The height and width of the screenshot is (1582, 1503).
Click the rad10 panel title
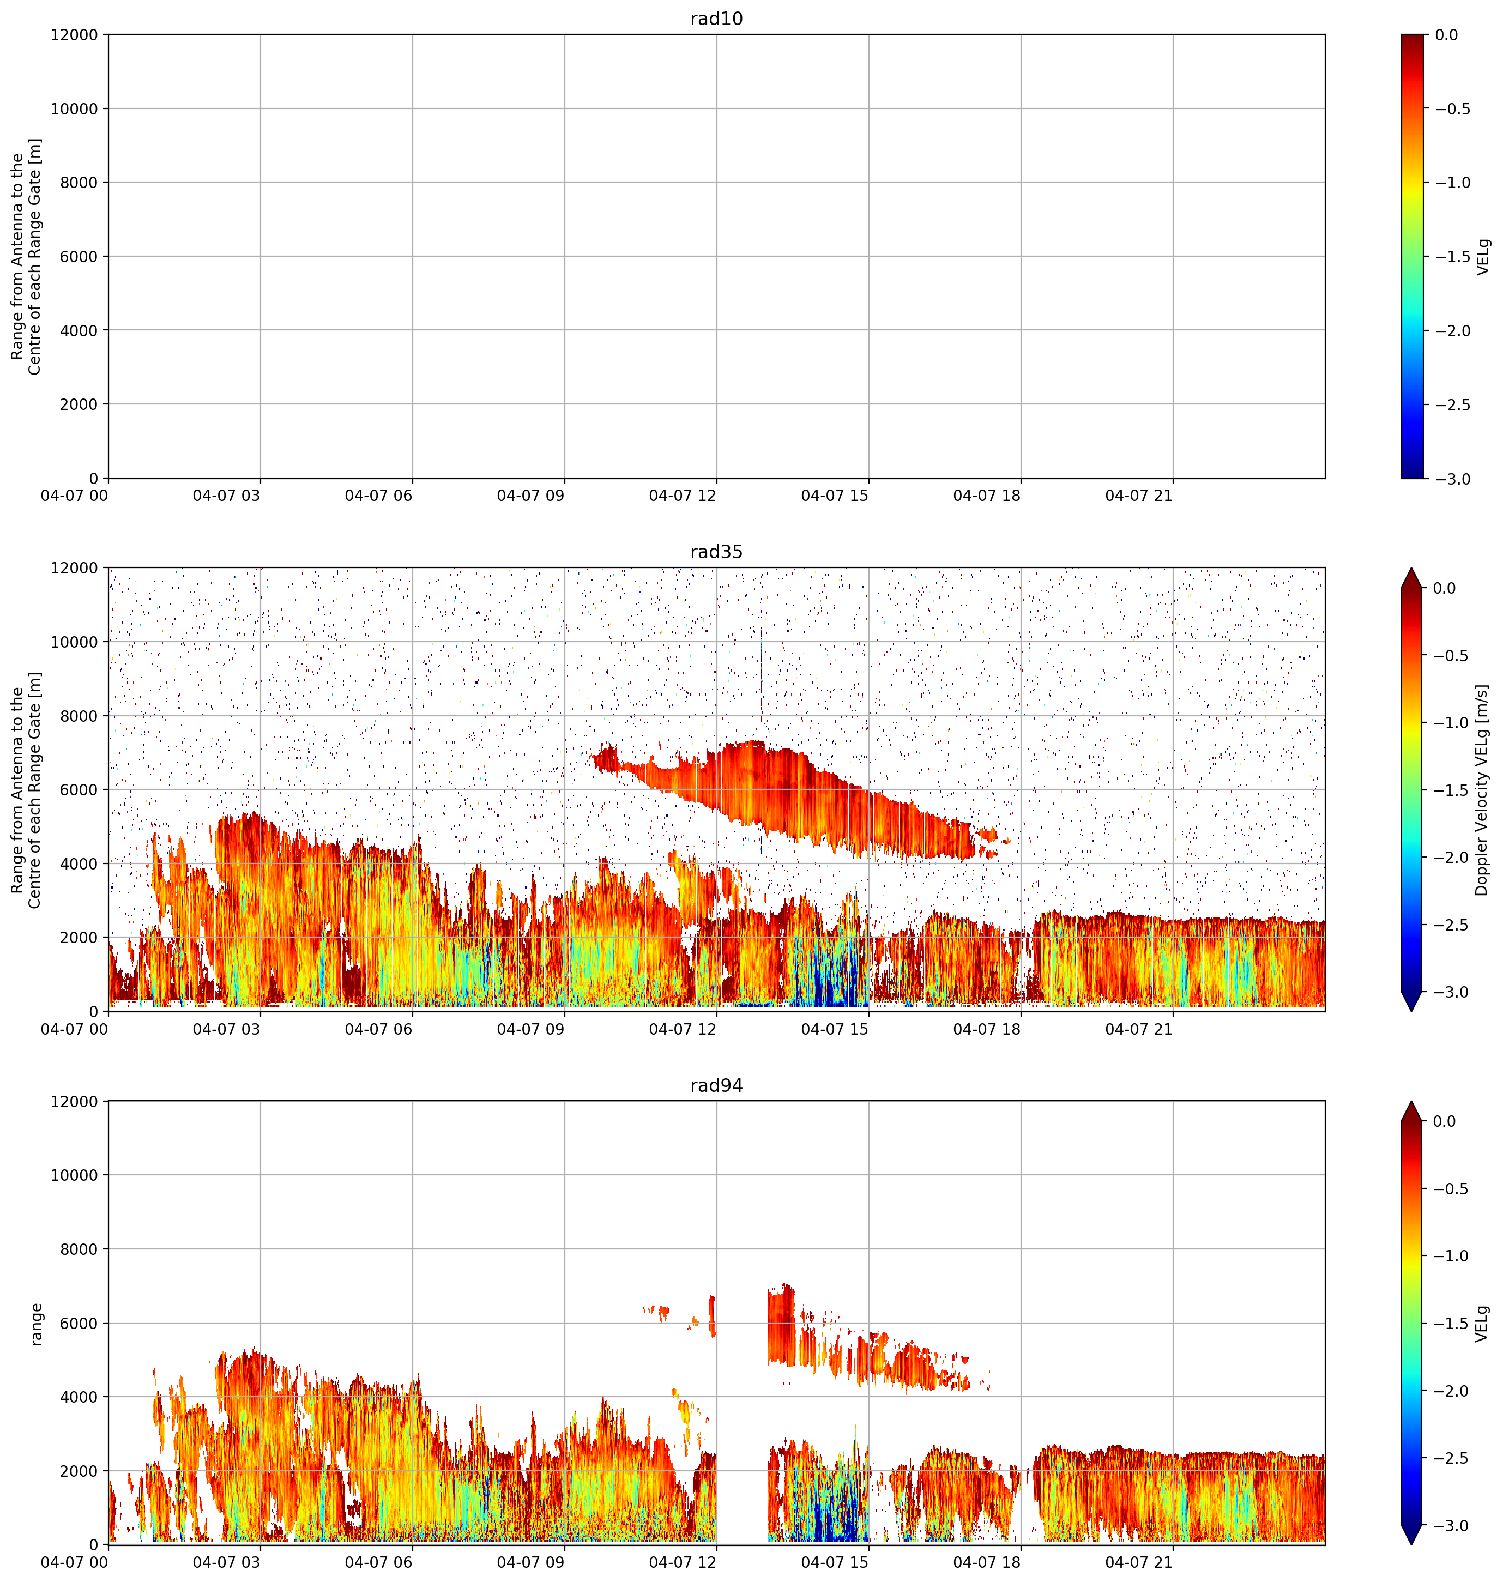(716, 19)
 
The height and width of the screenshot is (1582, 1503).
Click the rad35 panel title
(716, 552)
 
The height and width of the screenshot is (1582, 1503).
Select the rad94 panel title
(716, 1085)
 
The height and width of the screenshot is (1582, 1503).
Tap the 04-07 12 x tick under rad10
(683, 496)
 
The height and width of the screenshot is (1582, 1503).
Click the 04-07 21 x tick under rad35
(1138, 1029)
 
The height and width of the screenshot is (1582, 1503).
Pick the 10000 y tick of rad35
(75, 642)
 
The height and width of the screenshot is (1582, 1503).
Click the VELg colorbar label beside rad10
(1483, 256)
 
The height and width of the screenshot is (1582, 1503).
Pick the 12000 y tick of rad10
(75, 35)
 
